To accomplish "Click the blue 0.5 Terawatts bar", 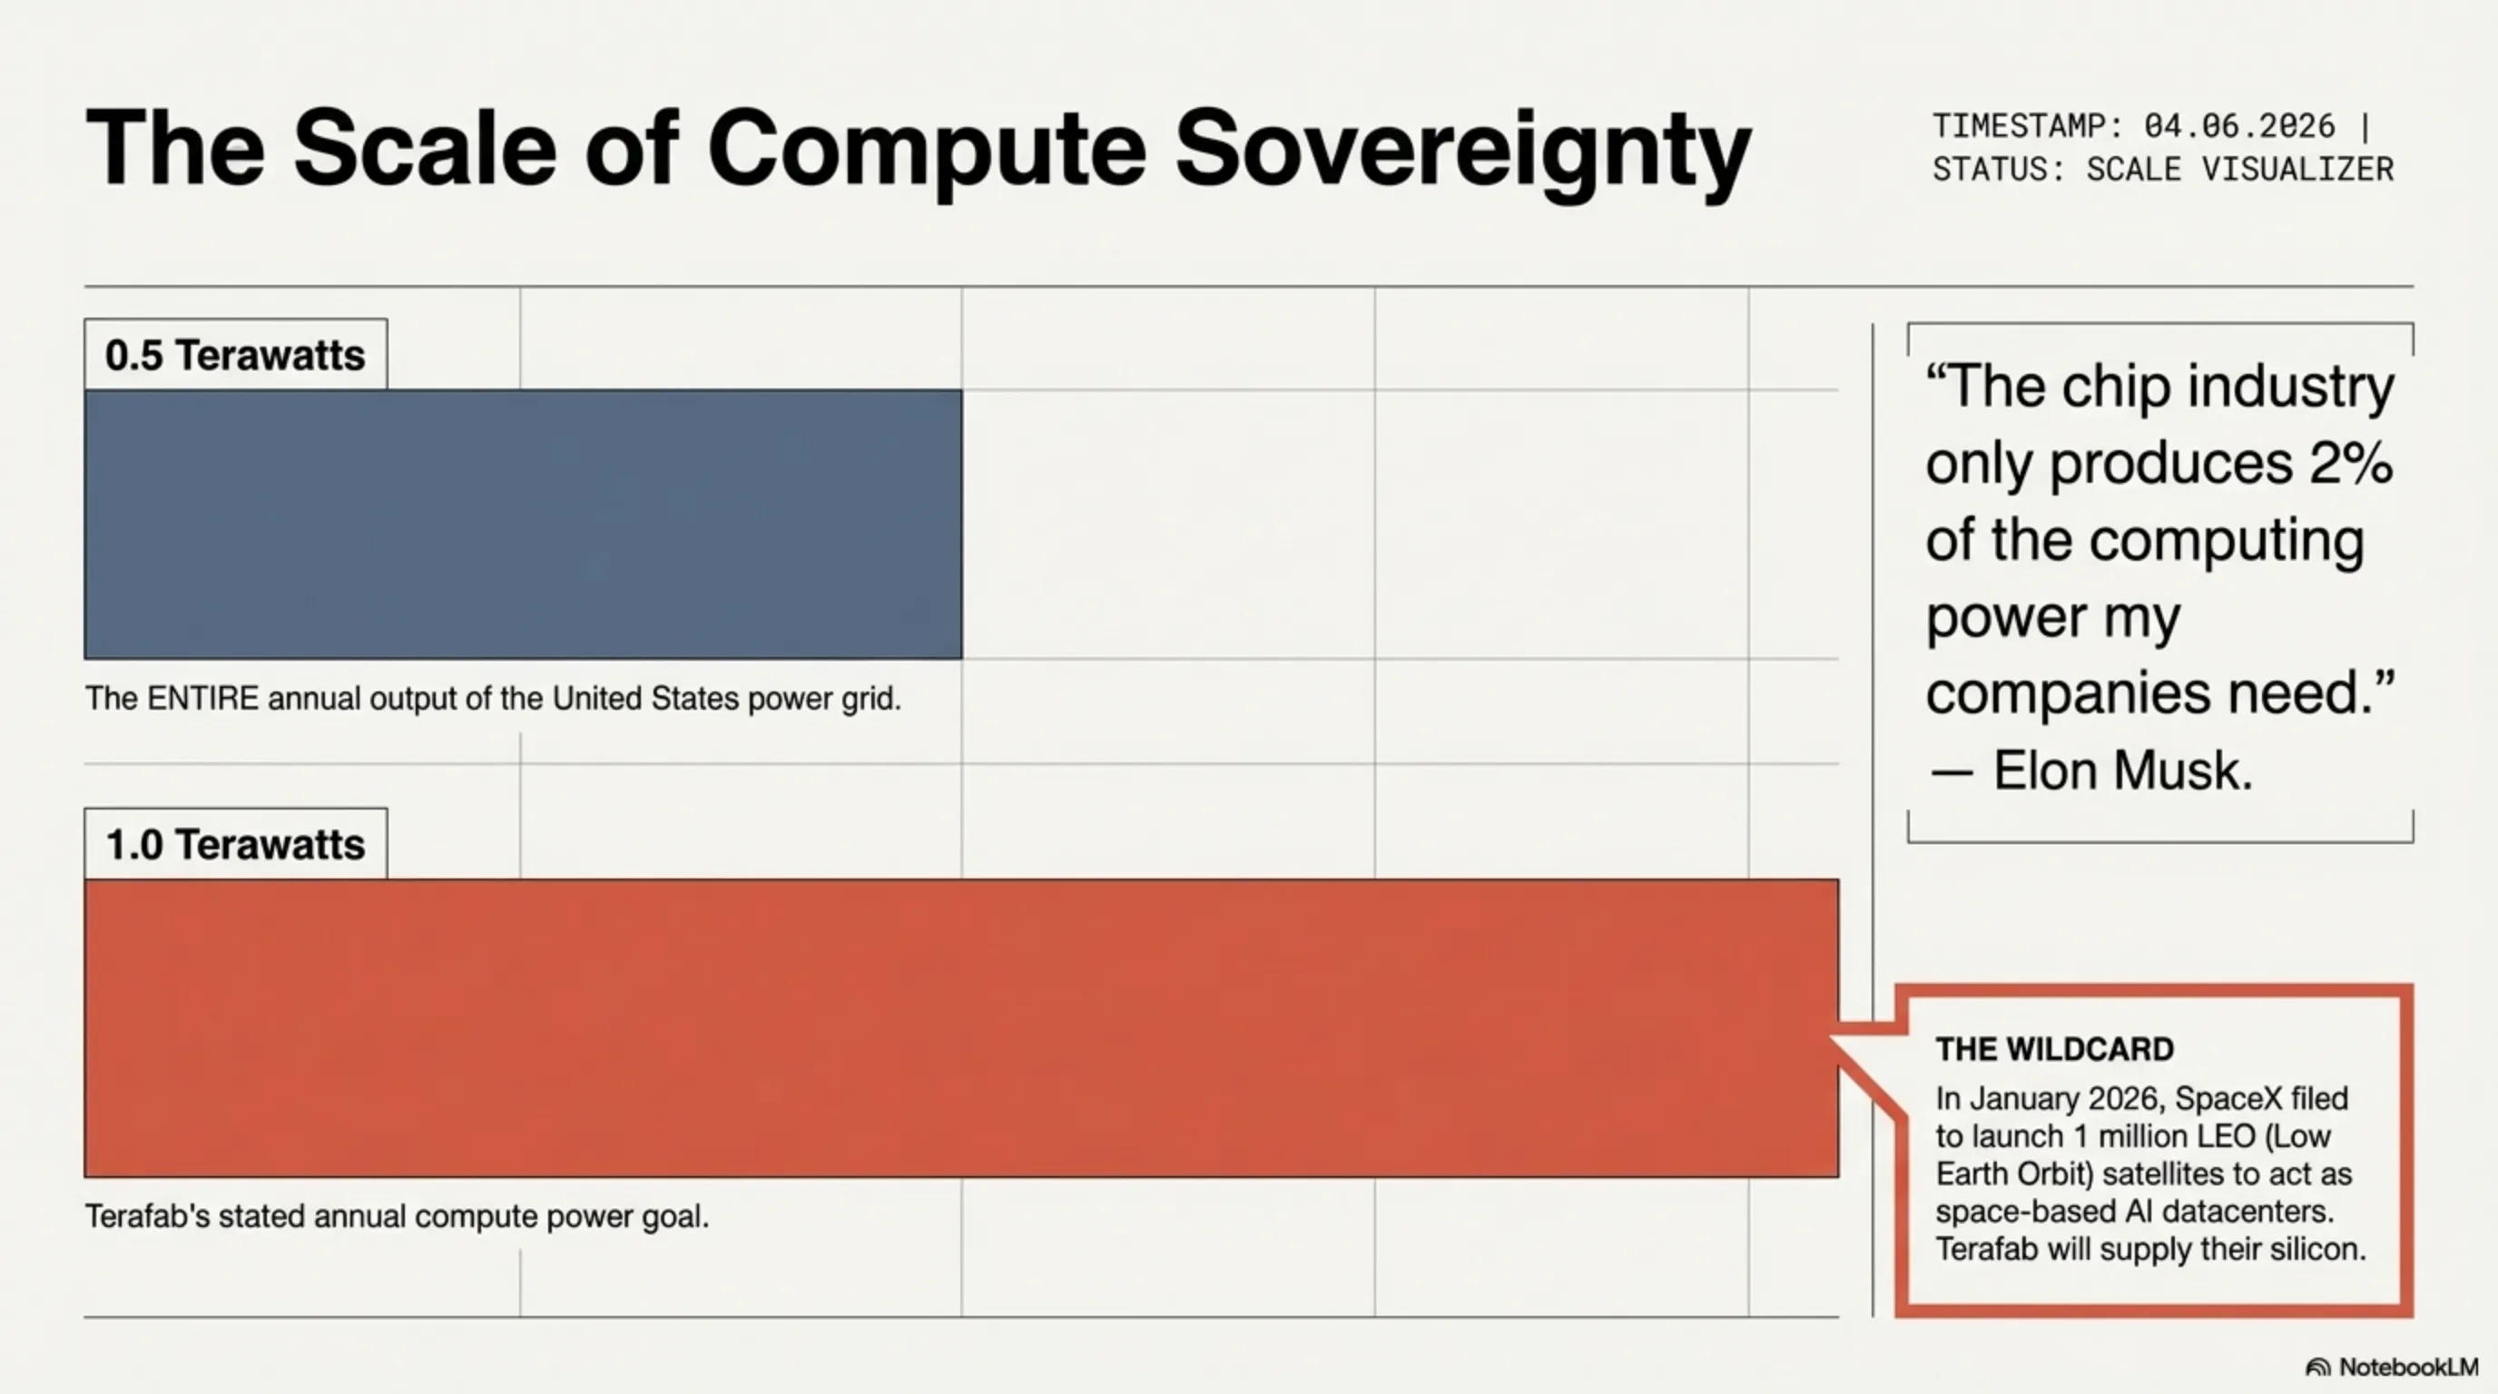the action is click(523, 525).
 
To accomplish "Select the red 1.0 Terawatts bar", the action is click(961, 1028).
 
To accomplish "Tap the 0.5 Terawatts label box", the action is click(236, 355).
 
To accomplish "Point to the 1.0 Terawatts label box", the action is click(236, 844).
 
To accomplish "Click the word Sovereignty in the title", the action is click(1463, 152).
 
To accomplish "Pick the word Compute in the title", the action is click(927, 152).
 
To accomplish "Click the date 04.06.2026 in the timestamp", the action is click(2239, 126).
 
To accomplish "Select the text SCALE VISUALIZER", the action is click(2240, 170).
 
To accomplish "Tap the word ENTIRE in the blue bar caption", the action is click(202, 698).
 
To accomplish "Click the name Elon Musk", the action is click(2123, 771).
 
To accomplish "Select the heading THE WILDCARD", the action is click(2055, 1049).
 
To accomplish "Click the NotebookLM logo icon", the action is click(2317, 1367).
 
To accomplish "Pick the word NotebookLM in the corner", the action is click(2408, 1367).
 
